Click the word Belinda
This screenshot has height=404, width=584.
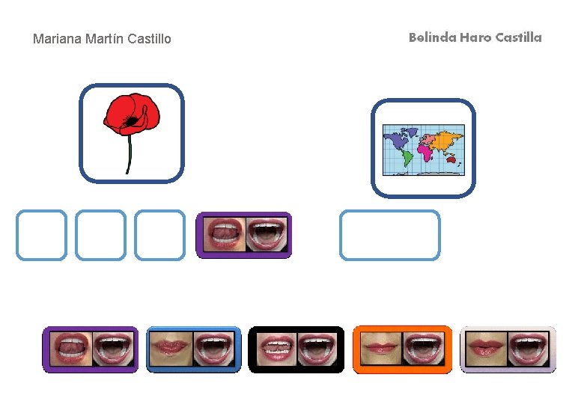(431, 37)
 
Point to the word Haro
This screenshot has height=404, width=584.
(475, 37)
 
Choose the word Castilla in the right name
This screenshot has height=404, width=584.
(518, 37)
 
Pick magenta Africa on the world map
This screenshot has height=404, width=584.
(425, 152)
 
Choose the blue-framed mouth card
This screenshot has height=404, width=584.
(193, 349)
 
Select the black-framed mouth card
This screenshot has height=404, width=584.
(296, 349)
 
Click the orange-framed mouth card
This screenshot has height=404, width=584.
(402, 349)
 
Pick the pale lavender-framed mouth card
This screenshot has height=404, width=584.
(508, 349)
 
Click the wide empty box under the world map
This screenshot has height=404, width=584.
(389, 235)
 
